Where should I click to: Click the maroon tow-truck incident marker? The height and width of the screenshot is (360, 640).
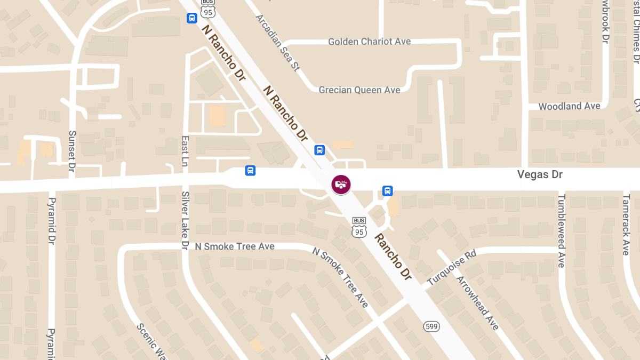(341, 185)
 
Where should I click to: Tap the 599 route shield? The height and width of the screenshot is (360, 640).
(431, 326)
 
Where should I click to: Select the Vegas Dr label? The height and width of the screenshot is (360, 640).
(540, 174)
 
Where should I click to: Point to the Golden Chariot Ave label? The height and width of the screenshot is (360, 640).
(369, 42)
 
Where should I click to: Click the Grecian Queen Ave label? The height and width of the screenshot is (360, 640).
(359, 90)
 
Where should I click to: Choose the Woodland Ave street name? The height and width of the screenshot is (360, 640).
(569, 106)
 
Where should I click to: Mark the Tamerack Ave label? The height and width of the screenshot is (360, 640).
(626, 224)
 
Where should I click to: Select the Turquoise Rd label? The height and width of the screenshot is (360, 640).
(451, 269)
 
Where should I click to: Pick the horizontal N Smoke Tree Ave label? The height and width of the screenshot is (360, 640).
(235, 246)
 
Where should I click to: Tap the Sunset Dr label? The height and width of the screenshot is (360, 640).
(72, 151)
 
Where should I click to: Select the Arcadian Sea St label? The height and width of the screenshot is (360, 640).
(277, 43)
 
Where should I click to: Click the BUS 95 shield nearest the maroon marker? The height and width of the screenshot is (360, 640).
(359, 227)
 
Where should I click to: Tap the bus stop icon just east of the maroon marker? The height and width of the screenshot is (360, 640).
(387, 190)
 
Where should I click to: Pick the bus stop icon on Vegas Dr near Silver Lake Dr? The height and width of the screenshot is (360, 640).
(250, 170)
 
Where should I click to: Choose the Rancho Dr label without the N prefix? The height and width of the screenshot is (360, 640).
(393, 257)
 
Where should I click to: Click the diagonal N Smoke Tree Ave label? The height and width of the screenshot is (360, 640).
(340, 277)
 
